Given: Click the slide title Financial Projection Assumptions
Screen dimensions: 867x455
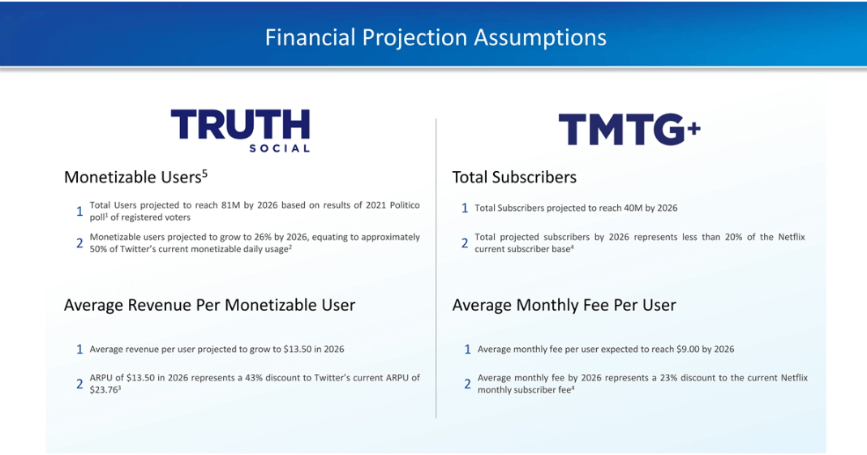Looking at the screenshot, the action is [436, 37].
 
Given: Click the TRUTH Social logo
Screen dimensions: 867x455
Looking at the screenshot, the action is [240, 131].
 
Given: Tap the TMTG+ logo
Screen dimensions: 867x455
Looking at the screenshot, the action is [629, 130].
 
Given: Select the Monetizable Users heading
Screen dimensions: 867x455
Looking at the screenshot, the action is [135, 177].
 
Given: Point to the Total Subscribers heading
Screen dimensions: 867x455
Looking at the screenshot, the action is [514, 177].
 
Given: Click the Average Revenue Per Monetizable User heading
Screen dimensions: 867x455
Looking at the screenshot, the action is [209, 305].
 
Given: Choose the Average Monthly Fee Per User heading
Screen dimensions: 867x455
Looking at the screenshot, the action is [564, 305].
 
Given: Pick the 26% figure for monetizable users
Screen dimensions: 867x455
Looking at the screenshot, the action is [264, 237].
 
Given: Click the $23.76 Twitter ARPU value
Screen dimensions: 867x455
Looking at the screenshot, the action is [103, 390].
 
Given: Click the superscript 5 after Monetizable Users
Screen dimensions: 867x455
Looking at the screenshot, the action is [204, 174].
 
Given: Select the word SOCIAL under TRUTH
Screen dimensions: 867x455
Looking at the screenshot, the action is [279, 148].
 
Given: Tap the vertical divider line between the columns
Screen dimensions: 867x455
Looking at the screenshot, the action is [436, 268].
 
